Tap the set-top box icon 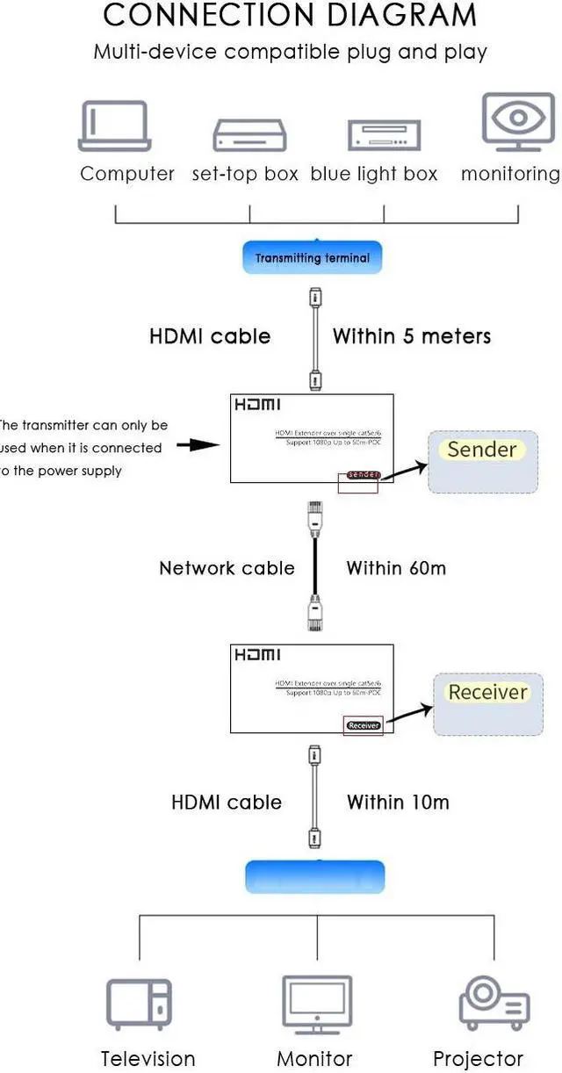249,134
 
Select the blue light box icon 385,134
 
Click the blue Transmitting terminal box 313,258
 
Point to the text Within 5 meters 411,335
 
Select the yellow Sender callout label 481,450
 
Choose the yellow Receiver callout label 487,692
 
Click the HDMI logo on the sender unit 257,406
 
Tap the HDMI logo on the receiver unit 257,656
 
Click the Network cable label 227,568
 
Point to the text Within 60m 396,568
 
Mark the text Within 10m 398,802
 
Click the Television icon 139,1004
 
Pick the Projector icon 494,1004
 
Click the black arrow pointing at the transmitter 198,445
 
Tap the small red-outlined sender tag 363,475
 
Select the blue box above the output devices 315,876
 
